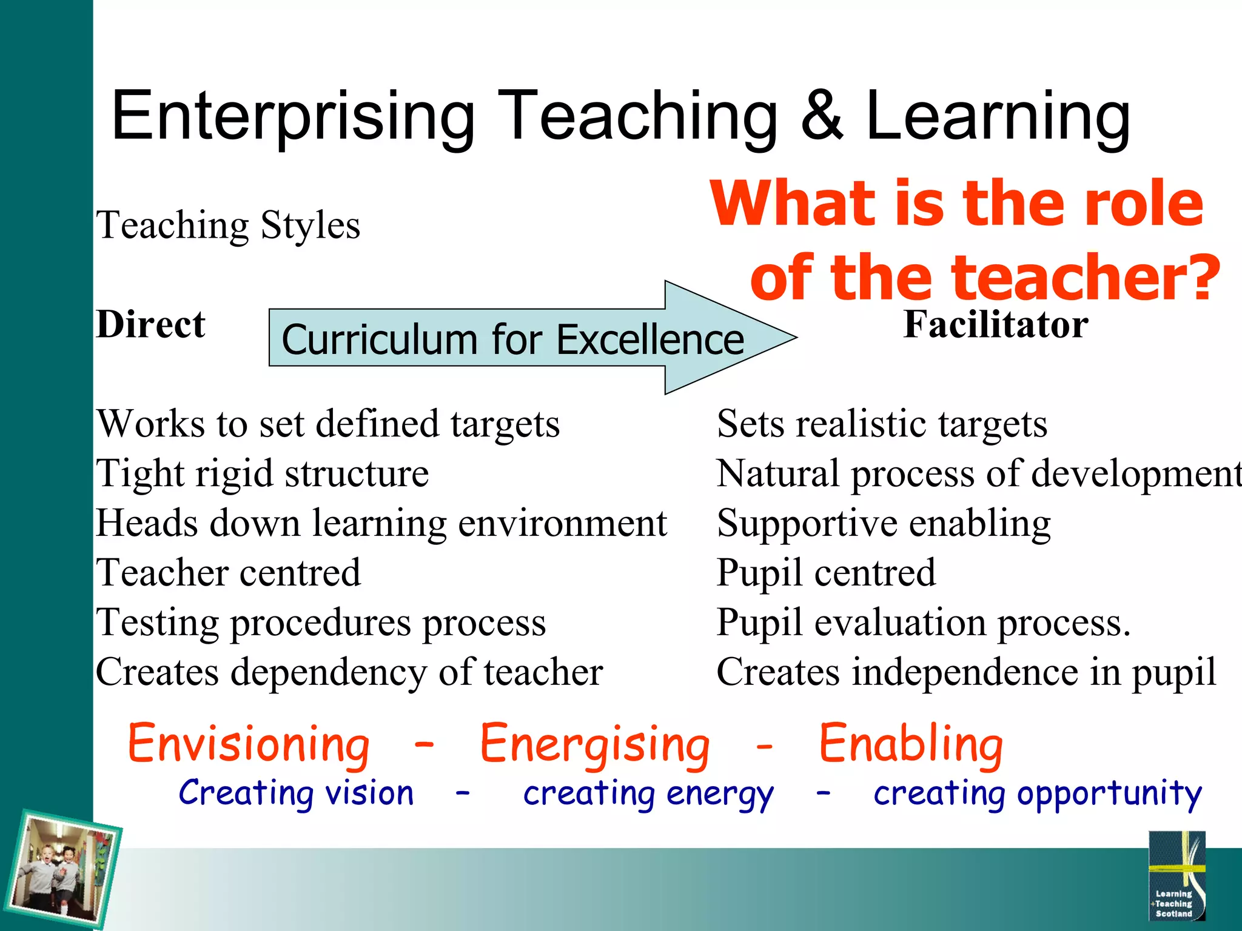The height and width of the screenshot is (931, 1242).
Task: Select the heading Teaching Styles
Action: click(228, 225)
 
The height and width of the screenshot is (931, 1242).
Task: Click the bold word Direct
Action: click(150, 324)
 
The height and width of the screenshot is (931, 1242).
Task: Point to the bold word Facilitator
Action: click(996, 324)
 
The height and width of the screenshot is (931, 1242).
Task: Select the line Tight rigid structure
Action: click(262, 473)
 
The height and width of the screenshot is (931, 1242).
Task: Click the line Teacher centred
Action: click(228, 573)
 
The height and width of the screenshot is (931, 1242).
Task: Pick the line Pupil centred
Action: click(826, 573)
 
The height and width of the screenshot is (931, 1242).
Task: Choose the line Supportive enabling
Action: click(884, 523)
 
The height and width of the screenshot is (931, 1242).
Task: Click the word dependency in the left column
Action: click(328, 673)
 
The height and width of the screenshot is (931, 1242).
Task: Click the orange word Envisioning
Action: click(249, 744)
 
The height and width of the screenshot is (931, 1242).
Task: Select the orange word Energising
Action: click(594, 744)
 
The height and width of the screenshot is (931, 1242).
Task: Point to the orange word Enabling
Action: click(911, 744)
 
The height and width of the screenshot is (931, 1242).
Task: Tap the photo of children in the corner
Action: click(64, 869)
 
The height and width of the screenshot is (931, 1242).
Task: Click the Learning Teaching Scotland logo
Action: click(1177, 876)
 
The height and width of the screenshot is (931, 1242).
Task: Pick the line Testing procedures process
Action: click(321, 622)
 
